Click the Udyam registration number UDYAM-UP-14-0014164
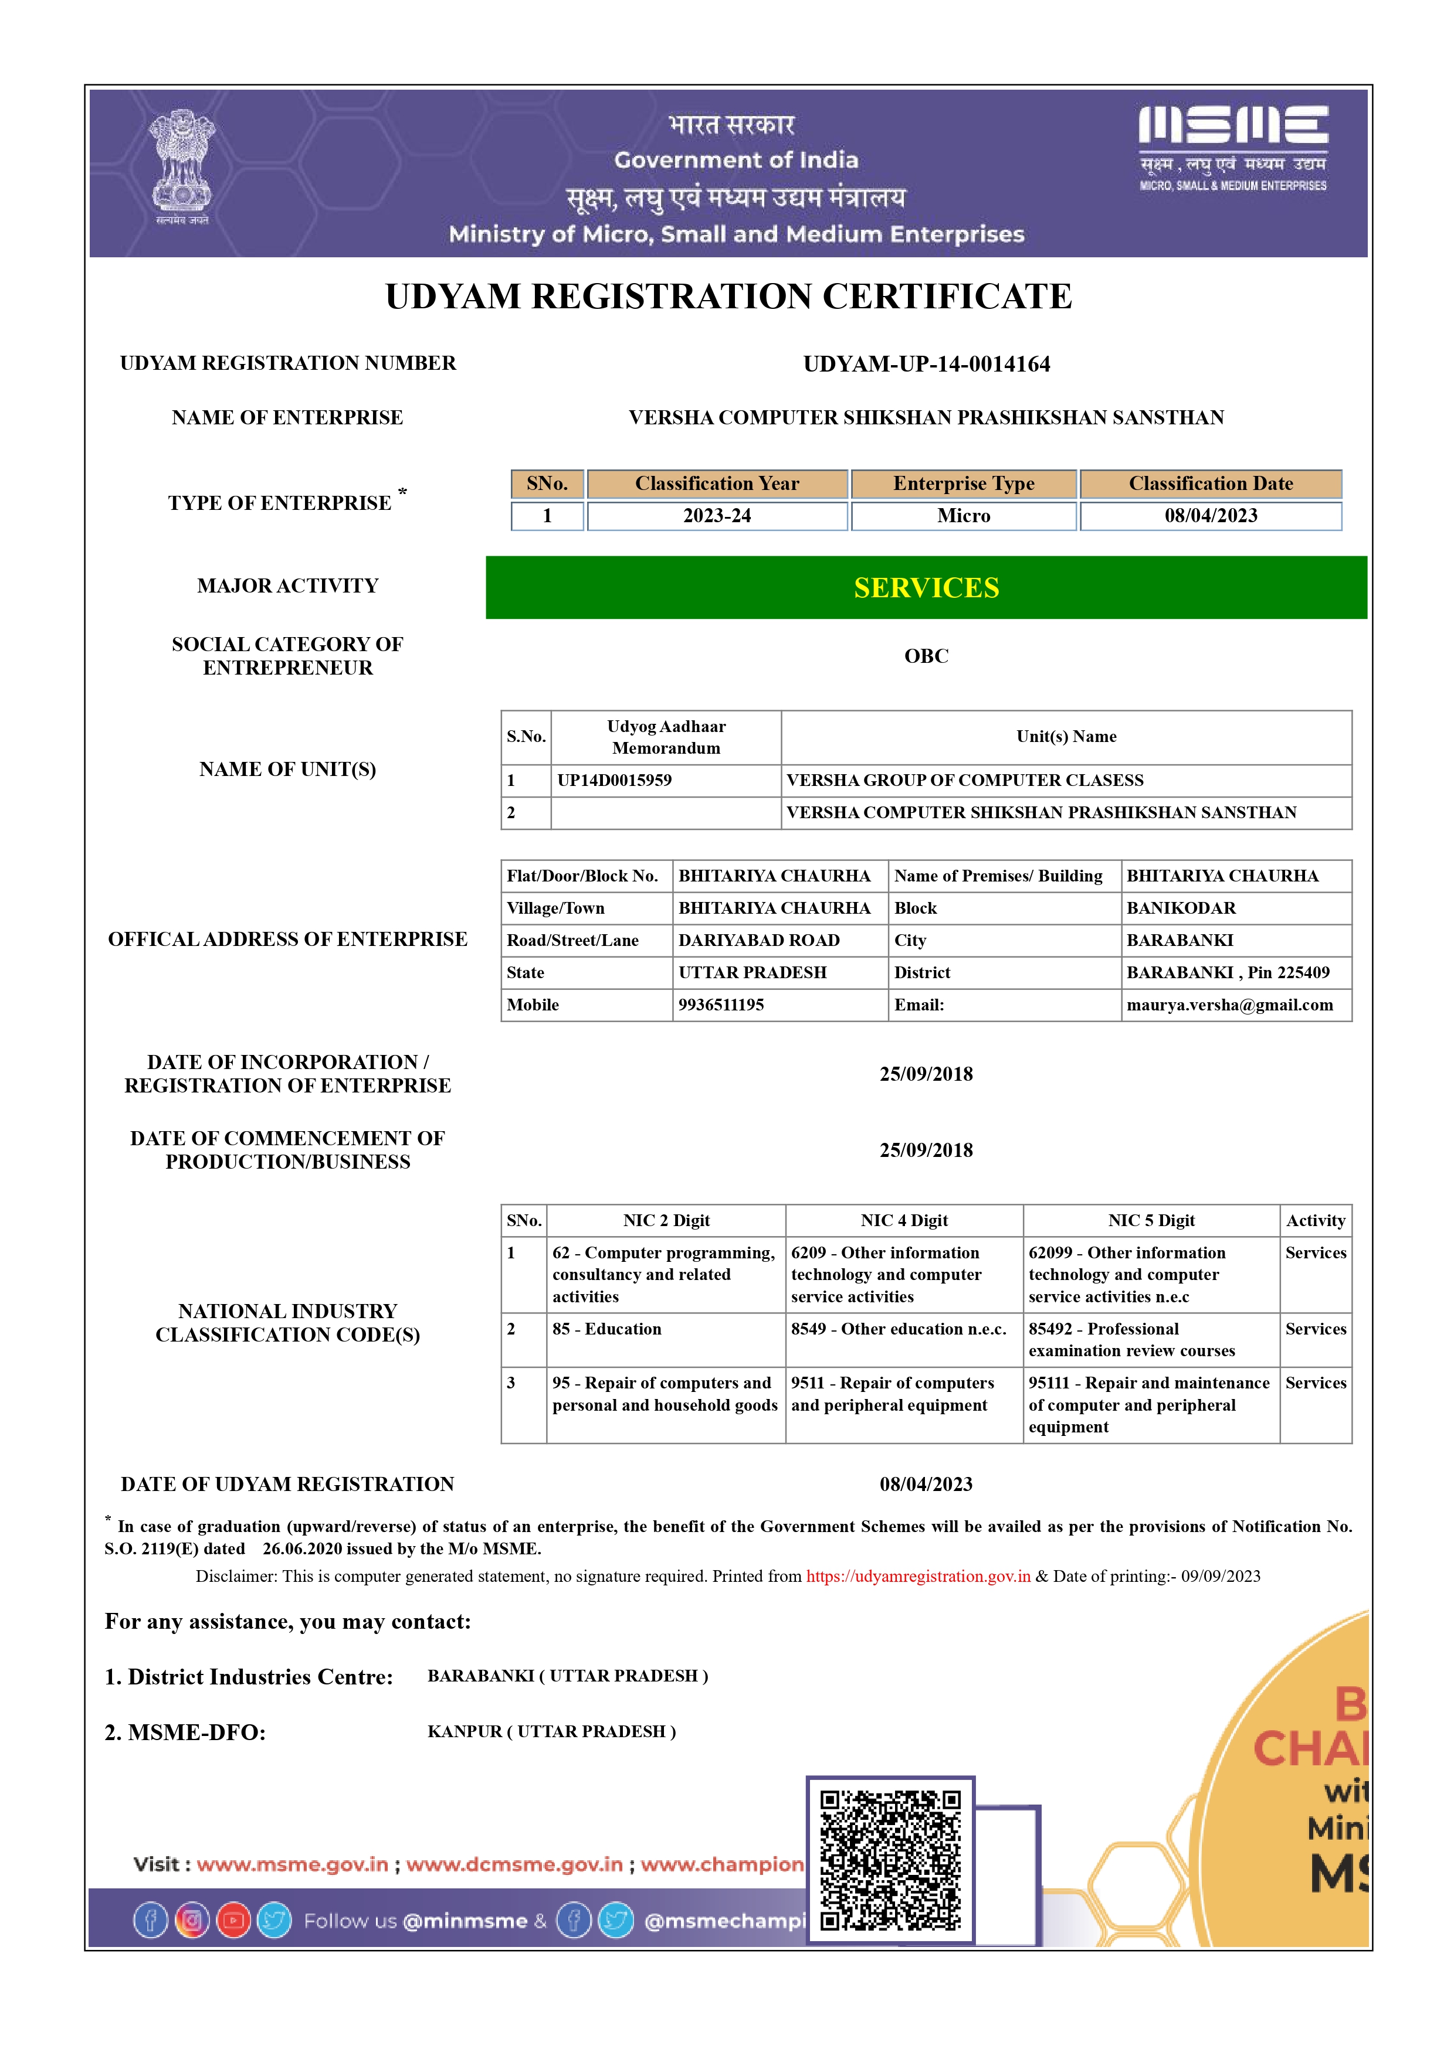926,363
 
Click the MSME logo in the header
1233,147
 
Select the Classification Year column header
717,484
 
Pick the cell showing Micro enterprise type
963,516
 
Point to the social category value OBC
926,656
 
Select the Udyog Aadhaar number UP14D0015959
615,780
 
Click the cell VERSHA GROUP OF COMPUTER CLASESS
965,780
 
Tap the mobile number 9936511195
721,1005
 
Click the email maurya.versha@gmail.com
1229,1005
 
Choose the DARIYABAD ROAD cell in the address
759,940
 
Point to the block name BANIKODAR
1181,908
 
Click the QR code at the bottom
890,1860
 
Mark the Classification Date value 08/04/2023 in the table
1211,516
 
